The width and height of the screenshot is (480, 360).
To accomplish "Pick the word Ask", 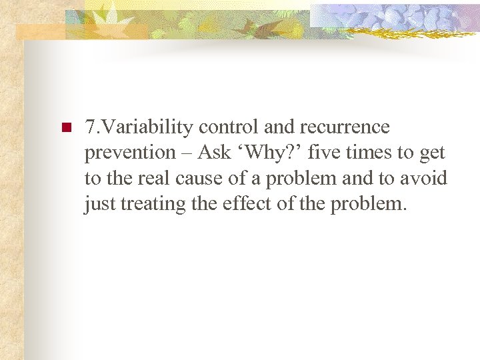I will coord(213,153).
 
